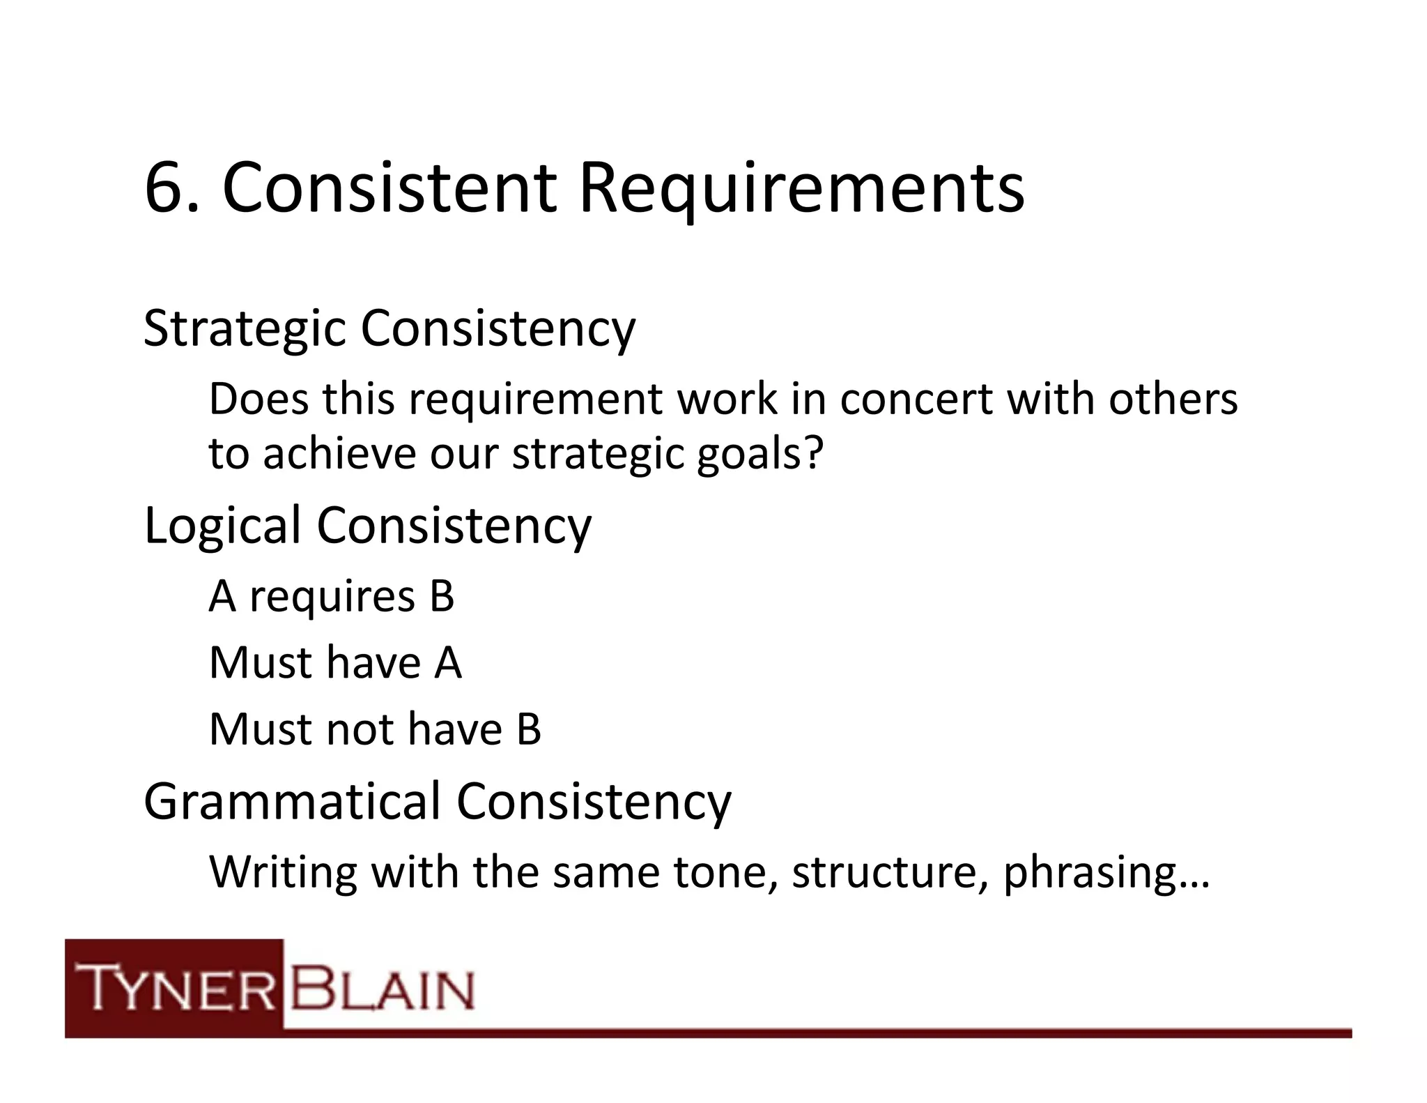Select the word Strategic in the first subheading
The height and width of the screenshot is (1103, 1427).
245,328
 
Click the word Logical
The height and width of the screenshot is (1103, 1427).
222,526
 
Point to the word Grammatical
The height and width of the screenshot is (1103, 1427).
292,802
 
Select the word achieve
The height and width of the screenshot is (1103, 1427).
339,453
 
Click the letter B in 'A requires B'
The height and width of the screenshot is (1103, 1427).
442,597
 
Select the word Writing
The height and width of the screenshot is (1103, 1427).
283,873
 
